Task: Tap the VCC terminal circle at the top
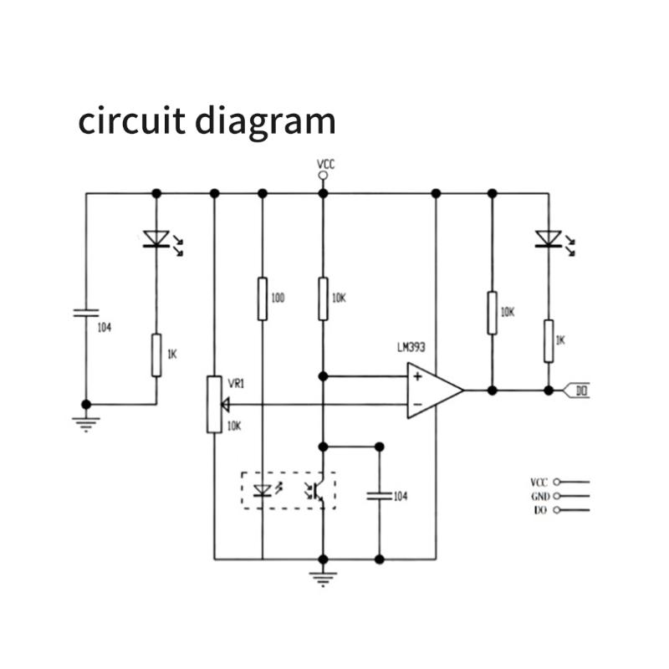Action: click(x=324, y=176)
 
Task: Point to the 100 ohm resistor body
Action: click(x=263, y=299)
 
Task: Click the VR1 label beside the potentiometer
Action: click(x=236, y=382)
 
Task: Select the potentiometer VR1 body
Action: click(x=214, y=405)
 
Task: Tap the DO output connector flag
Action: click(x=578, y=391)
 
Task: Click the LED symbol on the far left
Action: click(x=156, y=241)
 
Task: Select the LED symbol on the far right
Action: click(x=548, y=240)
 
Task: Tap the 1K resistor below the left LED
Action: click(x=156, y=355)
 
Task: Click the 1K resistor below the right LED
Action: click(x=548, y=340)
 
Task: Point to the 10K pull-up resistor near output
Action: click(x=492, y=312)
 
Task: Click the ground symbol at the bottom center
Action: click(x=323, y=576)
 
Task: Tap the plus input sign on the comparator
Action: click(x=416, y=377)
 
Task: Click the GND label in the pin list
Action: click(x=539, y=496)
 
